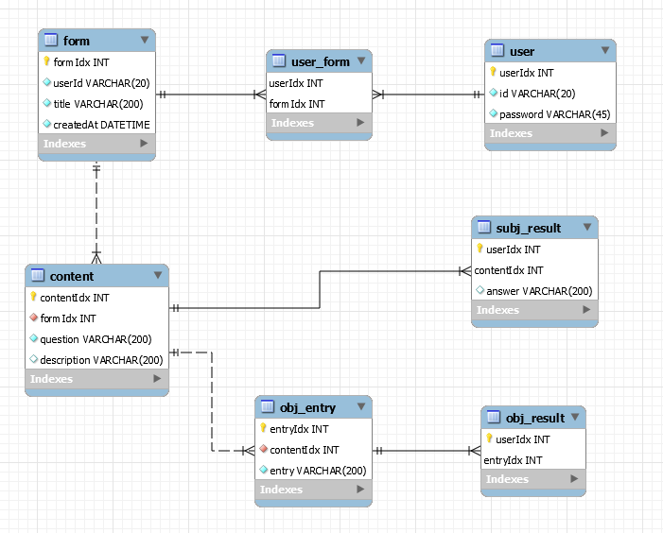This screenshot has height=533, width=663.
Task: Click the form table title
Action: pyautogui.click(x=76, y=40)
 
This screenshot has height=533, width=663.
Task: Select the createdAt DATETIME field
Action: pyautogui.click(x=101, y=124)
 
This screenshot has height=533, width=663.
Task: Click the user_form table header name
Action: pyautogui.click(x=321, y=61)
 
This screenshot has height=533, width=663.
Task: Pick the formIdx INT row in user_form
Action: pyautogui.click(x=297, y=103)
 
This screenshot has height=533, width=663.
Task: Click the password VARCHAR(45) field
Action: pyautogui.click(x=554, y=113)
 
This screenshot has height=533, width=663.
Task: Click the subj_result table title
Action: pyautogui.click(x=528, y=228)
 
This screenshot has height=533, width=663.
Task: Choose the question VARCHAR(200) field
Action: pyautogui.click(x=96, y=339)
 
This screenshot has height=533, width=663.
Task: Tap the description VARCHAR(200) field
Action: pyautogui.click(x=101, y=360)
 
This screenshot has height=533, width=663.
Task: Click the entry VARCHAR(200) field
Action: pyautogui.click(x=318, y=470)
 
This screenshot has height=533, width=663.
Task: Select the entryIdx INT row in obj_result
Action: pyautogui.click(x=513, y=459)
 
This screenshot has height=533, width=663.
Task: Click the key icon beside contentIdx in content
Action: pyautogui.click(x=33, y=297)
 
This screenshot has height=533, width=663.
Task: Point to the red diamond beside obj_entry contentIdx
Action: pyautogui.click(x=264, y=450)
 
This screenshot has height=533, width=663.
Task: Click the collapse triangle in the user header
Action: pyautogui.click(x=603, y=51)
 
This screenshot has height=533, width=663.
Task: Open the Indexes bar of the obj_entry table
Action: pyautogui.click(x=312, y=490)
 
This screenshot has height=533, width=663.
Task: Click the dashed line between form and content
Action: pyautogui.click(x=96, y=213)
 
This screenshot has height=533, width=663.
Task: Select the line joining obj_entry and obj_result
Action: pyautogui.click(x=426, y=451)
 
